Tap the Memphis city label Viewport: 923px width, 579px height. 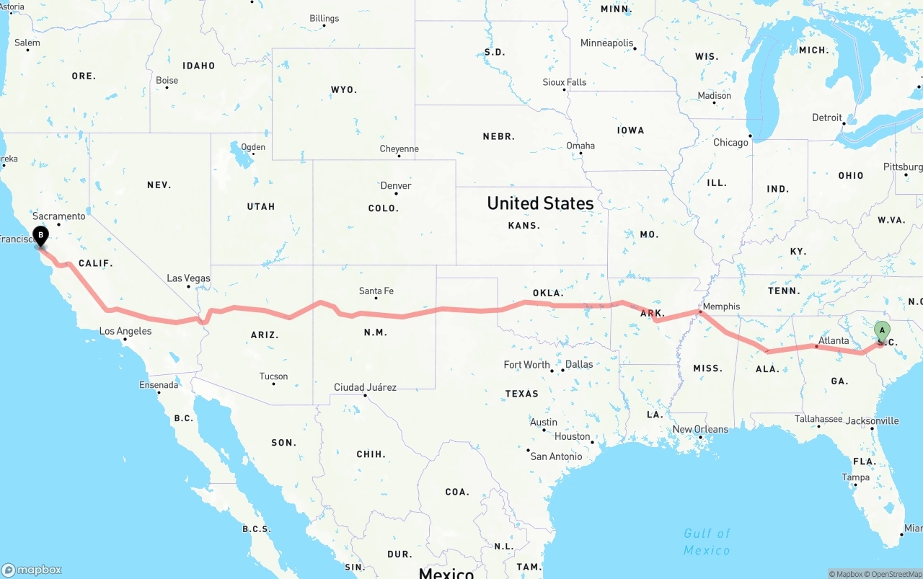click(x=721, y=306)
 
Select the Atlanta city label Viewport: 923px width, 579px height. click(x=834, y=340)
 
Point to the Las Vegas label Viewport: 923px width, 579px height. click(x=188, y=278)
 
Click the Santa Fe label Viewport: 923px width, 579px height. click(x=376, y=291)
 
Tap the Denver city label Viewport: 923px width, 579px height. click(x=396, y=186)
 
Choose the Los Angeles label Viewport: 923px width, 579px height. click(x=125, y=332)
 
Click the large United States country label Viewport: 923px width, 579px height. click(x=540, y=203)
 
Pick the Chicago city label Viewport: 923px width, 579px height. click(x=730, y=143)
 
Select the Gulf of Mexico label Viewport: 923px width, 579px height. click(x=707, y=542)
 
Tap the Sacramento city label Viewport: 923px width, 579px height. click(x=58, y=216)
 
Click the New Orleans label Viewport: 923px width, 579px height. click(x=700, y=430)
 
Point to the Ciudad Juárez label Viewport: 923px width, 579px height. click(x=365, y=387)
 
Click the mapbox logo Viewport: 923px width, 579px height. click(x=32, y=570)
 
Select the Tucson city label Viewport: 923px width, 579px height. click(x=273, y=376)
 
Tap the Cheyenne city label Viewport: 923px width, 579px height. click(x=399, y=149)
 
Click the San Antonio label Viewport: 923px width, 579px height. click(x=556, y=456)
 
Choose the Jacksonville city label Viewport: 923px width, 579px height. click(x=873, y=421)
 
